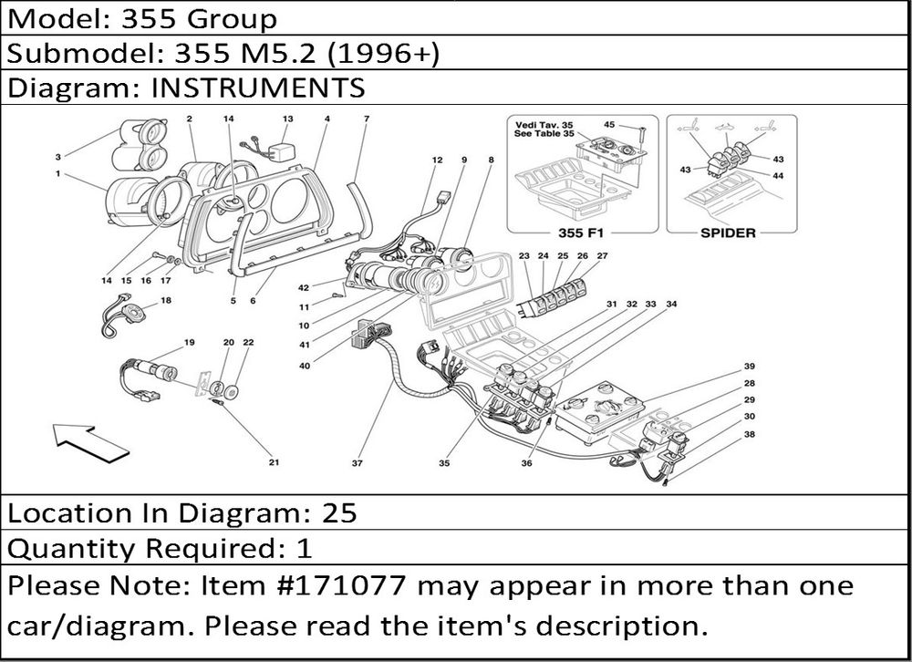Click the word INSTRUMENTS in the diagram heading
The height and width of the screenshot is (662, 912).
pyautogui.click(x=258, y=88)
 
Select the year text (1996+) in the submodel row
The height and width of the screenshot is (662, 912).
pyautogui.click(x=383, y=54)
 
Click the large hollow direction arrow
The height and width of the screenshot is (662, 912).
pyautogui.click(x=90, y=442)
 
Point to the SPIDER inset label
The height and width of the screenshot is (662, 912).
pyautogui.click(x=728, y=233)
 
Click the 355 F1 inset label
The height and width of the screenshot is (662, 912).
pyautogui.click(x=580, y=233)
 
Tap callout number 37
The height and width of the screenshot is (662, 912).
pyautogui.click(x=358, y=463)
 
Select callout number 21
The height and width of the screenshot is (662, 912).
pyautogui.click(x=274, y=462)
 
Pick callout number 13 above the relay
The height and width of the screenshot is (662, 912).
pyautogui.click(x=288, y=119)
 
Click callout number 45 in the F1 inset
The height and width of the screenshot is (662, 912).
pyautogui.click(x=609, y=125)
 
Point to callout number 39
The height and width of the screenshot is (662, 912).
pyautogui.click(x=749, y=367)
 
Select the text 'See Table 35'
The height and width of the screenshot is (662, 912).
pyautogui.click(x=544, y=134)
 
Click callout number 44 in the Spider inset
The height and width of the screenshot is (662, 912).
pyautogui.click(x=778, y=176)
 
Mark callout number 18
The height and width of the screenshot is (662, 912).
pyautogui.click(x=166, y=301)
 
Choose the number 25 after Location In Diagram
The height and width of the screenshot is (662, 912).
pyautogui.click(x=339, y=513)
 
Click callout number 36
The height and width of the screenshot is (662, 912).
pyautogui.click(x=526, y=463)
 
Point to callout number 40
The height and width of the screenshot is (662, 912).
pyautogui.click(x=305, y=366)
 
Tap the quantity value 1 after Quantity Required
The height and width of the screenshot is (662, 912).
pyautogui.click(x=305, y=548)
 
